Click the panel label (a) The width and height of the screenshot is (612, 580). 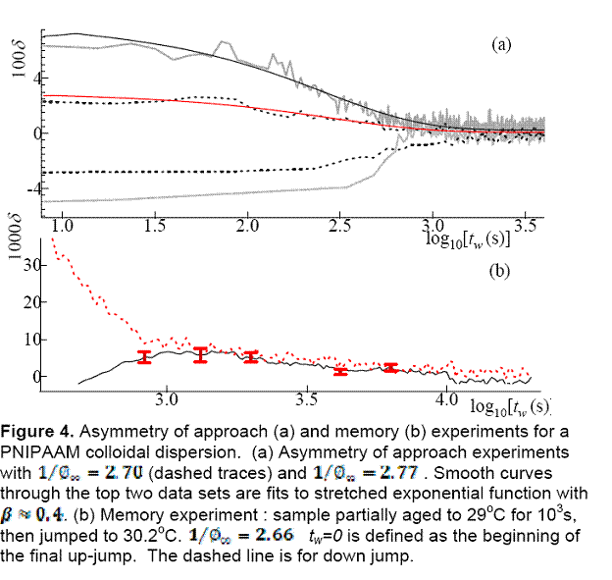coord(501,44)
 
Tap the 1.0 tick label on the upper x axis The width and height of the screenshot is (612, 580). coord(62,226)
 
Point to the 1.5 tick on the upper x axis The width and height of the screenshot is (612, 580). coord(154,226)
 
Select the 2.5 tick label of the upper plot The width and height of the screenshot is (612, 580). coord(340,226)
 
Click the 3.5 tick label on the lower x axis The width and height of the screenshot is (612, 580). coord(307,401)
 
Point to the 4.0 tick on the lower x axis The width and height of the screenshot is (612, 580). coord(446,401)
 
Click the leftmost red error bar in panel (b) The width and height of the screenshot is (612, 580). coord(143,357)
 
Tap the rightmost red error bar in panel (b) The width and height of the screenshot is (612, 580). coord(390,367)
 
